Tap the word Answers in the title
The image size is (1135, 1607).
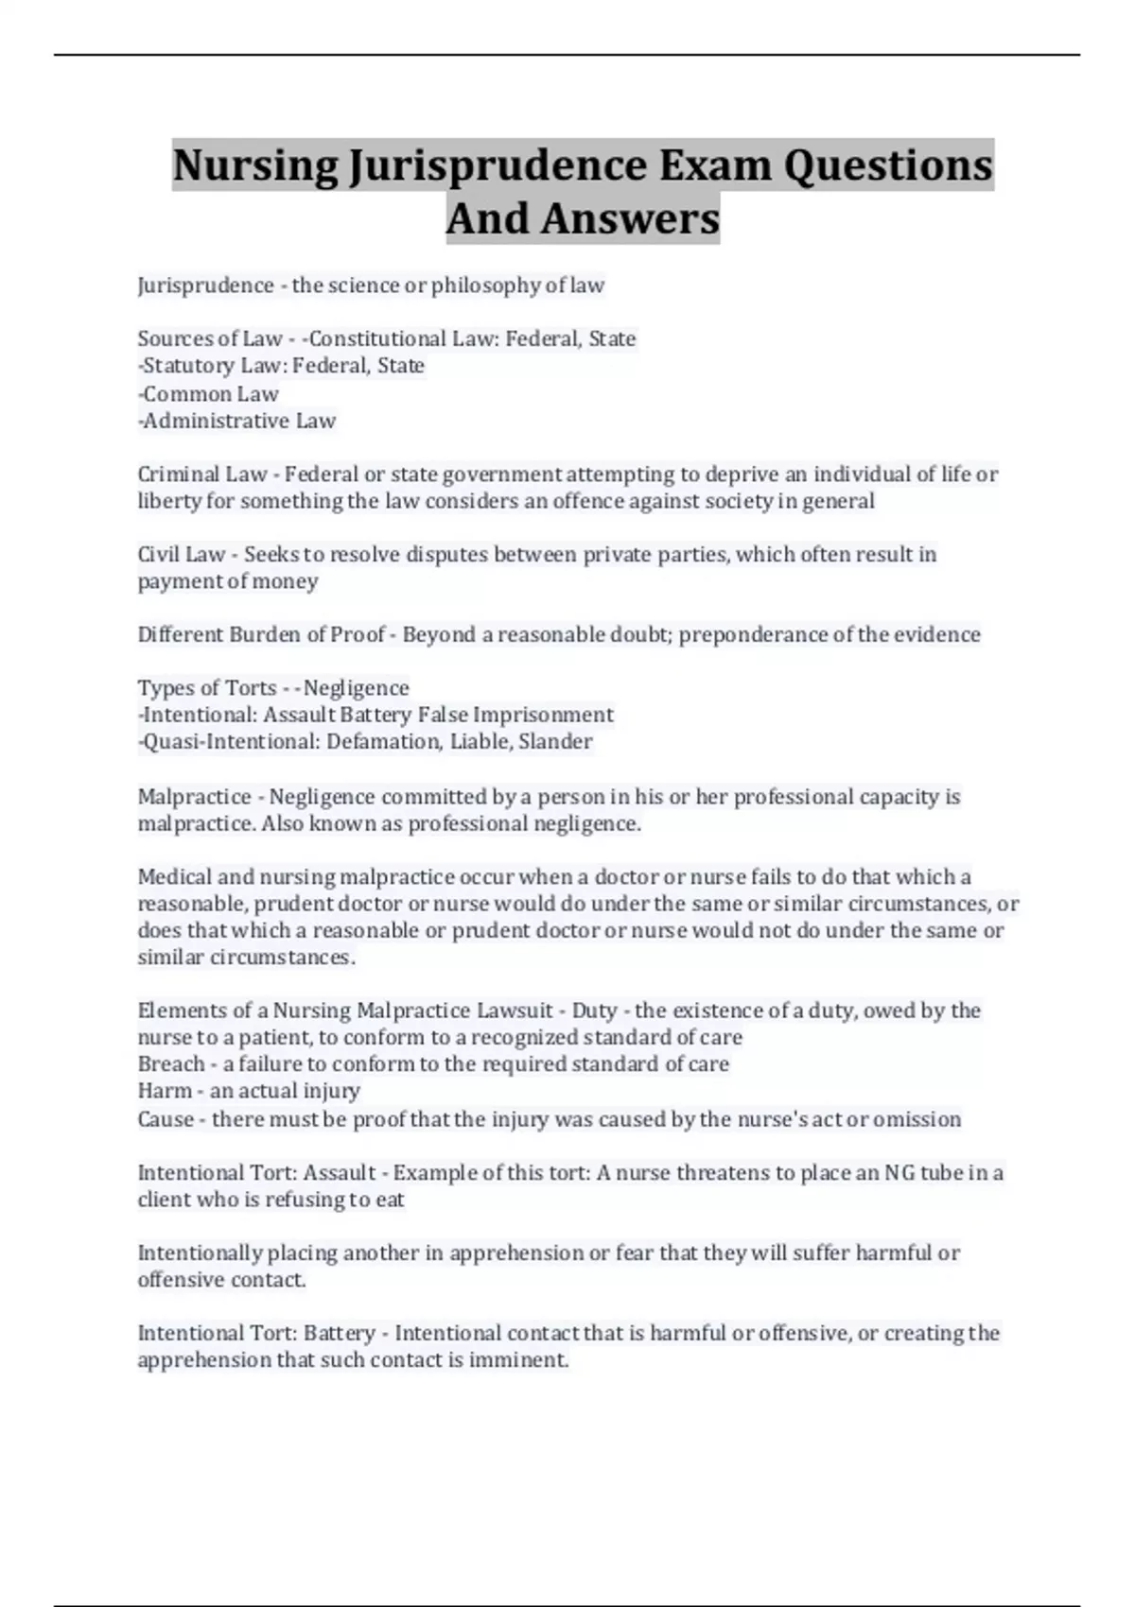click(x=629, y=218)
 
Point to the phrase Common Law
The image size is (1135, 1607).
click(x=210, y=393)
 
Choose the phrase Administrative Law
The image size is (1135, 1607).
click(x=238, y=421)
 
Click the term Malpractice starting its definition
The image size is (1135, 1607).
click(x=194, y=797)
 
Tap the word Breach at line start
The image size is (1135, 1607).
click(x=170, y=1064)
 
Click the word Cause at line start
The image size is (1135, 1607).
click(x=166, y=1119)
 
